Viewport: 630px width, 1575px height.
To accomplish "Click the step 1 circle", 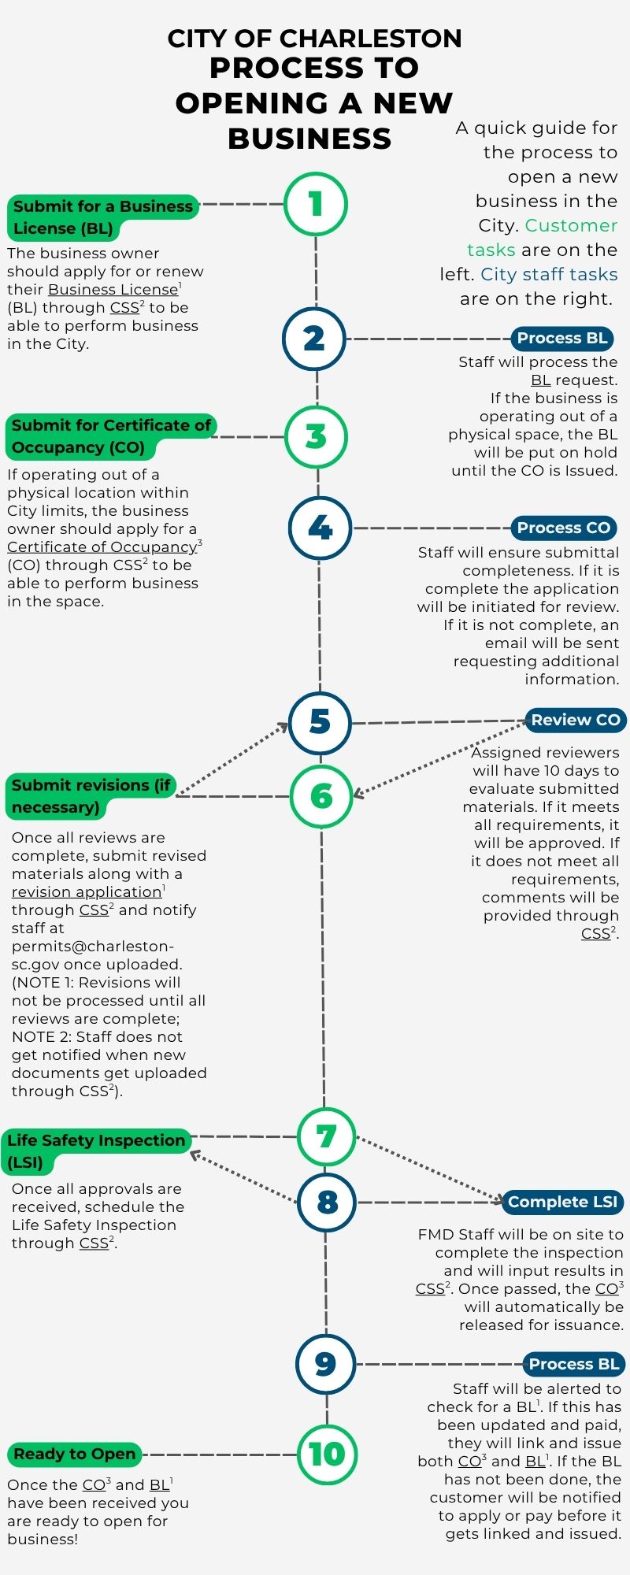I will pyautogui.click(x=316, y=204).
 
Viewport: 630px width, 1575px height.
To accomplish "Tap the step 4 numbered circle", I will pyautogui.click(x=320, y=528).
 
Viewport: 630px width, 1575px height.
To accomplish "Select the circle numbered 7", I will pyautogui.click(x=326, y=1136).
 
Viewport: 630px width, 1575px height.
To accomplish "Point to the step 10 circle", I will pyautogui.click(x=327, y=1454).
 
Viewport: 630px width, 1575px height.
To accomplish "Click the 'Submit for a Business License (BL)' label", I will pyautogui.click(x=102, y=217).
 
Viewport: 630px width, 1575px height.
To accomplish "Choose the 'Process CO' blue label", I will pyautogui.click(x=564, y=528).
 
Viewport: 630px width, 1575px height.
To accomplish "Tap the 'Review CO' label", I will pyautogui.click(x=576, y=719).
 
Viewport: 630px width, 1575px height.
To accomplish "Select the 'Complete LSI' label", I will pyautogui.click(x=562, y=1202).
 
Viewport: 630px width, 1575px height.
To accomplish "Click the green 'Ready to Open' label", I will pyautogui.click(x=75, y=1454).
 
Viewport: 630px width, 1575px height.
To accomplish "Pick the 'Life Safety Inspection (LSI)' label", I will pyautogui.click(x=95, y=1151).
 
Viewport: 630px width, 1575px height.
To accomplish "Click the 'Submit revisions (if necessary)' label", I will pyautogui.click(x=91, y=795).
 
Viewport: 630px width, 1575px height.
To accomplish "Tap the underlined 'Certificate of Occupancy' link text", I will pyautogui.click(x=102, y=547).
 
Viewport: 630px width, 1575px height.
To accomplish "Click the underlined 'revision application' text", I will pyautogui.click(x=87, y=891).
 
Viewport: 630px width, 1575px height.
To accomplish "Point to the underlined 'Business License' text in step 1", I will pyautogui.click(x=113, y=290).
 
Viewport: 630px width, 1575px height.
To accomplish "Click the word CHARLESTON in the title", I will pyautogui.click(x=371, y=39).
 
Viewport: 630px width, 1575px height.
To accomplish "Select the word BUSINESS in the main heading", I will pyautogui.click(x=309, y=139).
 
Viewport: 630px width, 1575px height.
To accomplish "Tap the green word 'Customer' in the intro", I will pyautogui.click(x=571, y=225).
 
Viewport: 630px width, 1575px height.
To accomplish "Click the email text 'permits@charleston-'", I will pyautogui.click(x=93, y=946).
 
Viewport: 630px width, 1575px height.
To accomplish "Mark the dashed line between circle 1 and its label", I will pyautogui.click(x=242, y=204).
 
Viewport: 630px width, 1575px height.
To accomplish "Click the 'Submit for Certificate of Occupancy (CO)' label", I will pyautogui.click(x=110, y=435).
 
